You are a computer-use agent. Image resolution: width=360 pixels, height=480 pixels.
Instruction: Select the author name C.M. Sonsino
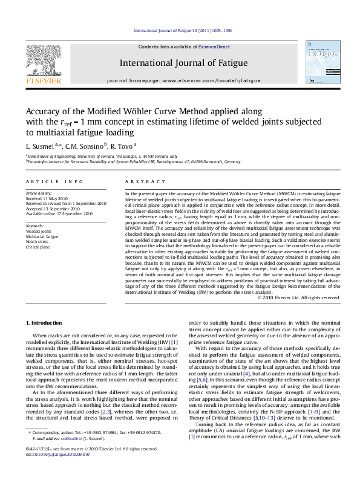click(x=87, y=146)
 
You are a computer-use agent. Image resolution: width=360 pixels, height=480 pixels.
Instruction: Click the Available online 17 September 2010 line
click(x=59, y=213)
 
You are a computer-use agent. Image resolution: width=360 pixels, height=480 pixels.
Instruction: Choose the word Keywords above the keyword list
click(x=36, y=225)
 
